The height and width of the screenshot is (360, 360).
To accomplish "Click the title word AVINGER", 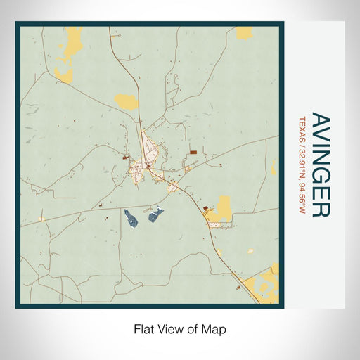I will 319,165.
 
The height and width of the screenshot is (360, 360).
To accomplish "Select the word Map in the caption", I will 215,328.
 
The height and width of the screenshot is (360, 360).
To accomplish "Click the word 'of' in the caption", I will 193,328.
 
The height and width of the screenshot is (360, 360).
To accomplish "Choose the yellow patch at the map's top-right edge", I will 244,32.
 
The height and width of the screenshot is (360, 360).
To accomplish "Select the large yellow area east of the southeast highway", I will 224,208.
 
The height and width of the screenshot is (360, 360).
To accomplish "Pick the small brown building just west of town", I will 126,158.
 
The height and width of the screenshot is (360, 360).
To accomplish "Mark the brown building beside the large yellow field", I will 207,209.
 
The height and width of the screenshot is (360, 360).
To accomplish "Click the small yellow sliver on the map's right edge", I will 274,167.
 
